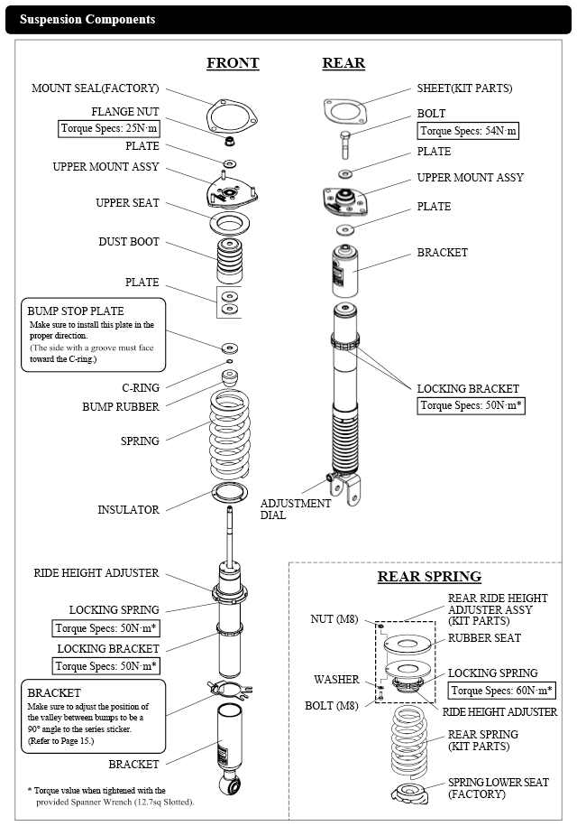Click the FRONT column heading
pos(233,63)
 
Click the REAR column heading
pos(343,63)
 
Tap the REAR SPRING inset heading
pos(429,576)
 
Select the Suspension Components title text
pos(87,19)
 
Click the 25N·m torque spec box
pos(109,128)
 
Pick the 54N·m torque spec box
pos(468,131)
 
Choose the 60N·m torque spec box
pos(501,691)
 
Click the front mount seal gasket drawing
pos(231,115)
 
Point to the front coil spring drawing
pos(237,433)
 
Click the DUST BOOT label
pos(129,242)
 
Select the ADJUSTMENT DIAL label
pos(296,509)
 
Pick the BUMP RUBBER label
pos(127,406)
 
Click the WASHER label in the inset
pos(336,679)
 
